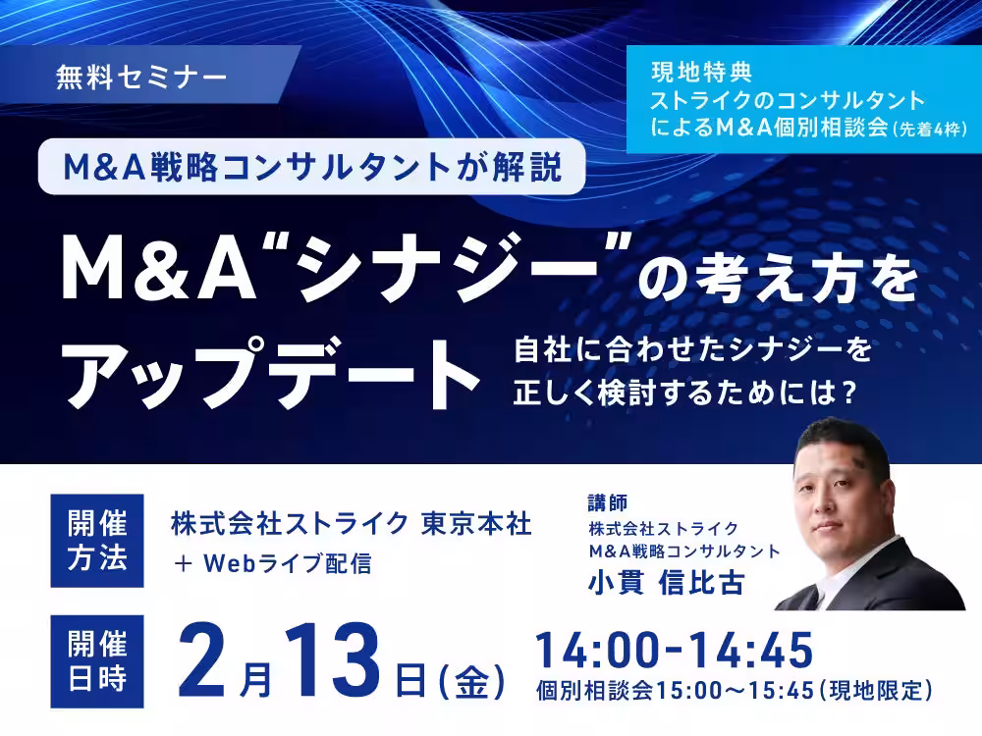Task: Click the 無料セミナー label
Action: pos(140,78)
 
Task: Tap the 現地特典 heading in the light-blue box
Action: pos(701,72)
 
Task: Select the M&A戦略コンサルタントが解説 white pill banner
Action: pos(312,167)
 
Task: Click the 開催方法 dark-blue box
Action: pos(97,541)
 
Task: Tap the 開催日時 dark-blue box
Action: pos(97,661)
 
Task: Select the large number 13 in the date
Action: pos(332,660)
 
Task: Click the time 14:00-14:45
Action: pos(675,651)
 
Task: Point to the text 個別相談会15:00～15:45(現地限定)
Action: pos(734,690)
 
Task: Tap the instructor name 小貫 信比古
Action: pos(666,583)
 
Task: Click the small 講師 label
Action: pos(608,502)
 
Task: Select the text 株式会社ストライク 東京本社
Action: pos(352,524)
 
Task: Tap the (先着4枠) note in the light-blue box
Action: pos(931,130)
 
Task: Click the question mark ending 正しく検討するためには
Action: pos(849,394)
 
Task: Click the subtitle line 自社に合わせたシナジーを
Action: pos(692,349)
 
